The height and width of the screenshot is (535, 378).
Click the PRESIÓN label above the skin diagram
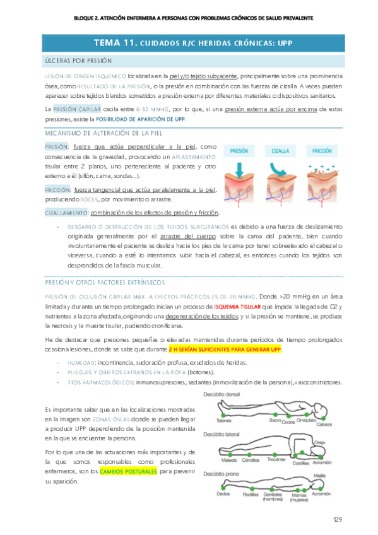coord(240,151)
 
